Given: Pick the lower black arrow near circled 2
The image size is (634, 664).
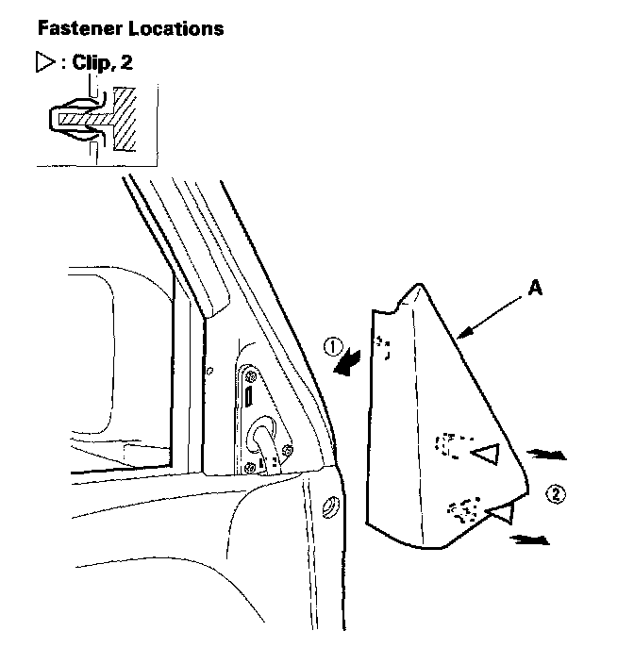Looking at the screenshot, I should coord(529,539).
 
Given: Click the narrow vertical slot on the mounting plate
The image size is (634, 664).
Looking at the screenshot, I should coord(249,396).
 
